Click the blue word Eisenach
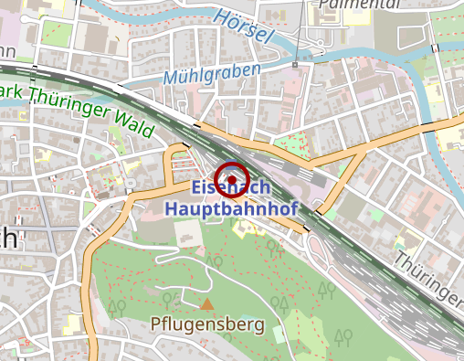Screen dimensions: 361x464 [231, 187]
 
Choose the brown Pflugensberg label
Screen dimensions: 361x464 [207, 324]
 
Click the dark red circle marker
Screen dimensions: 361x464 [232, 177]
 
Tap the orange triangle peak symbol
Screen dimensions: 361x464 [207, 303]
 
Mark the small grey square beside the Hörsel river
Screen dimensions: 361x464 [295, 65]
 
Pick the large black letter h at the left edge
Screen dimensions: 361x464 [9, 237]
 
